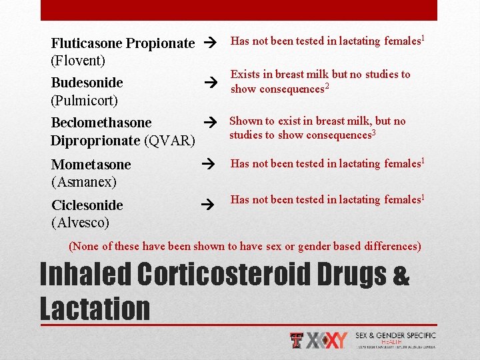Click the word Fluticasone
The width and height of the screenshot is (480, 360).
(x=87, y=43)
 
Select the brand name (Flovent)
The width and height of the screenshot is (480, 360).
(x=79, y=61)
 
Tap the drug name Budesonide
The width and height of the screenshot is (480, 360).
(x=87, y=83)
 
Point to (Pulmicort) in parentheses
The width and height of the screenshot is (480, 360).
(x=85, y=101)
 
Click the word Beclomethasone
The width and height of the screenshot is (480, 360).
(x=101, y=123)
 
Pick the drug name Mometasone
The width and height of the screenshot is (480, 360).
(x=91, y=165)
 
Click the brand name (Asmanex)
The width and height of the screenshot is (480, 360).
(x=84, y=182)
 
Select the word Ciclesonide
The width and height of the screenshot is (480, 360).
(x=87, y=205)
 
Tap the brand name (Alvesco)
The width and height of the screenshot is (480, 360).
(x=81, y=222)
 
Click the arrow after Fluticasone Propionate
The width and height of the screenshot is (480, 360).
(x=210, y=42)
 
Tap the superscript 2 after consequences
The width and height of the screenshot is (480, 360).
(x=327, y=86)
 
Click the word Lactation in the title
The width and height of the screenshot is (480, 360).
(x=95, y=309)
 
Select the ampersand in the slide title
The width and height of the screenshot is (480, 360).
(x=401, y=277)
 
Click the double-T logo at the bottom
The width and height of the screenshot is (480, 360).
(x=297, y=341)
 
